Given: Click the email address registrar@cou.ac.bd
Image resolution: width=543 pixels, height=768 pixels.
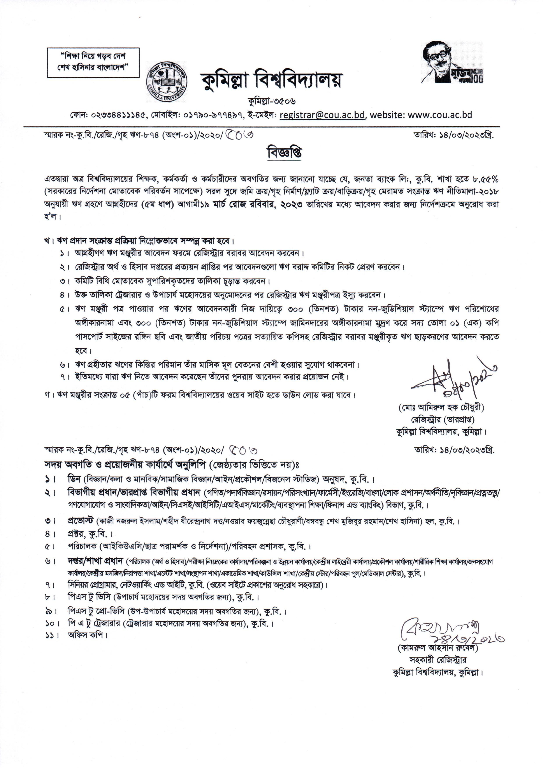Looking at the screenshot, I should point(323,115).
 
